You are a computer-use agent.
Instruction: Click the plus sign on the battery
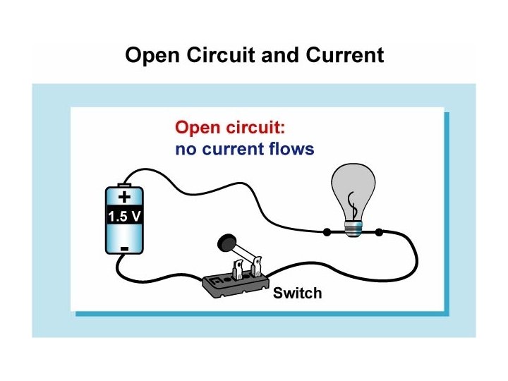(x=124, y=198)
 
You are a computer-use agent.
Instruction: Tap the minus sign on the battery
(x=124, y=248)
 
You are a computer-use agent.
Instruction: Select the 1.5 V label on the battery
(x=124, y=217)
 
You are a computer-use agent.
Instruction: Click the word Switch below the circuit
(x=297, y=293)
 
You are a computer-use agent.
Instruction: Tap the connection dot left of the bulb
(x=326, y=231)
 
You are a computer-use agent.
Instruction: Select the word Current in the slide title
(x=343, y=56)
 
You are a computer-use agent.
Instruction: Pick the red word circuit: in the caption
(x=254, y=128)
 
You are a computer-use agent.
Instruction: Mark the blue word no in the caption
(x=184, y=150)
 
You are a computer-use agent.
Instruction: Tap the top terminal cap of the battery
(x=124, y=183)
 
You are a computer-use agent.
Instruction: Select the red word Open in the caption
(x=197, y=128)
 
